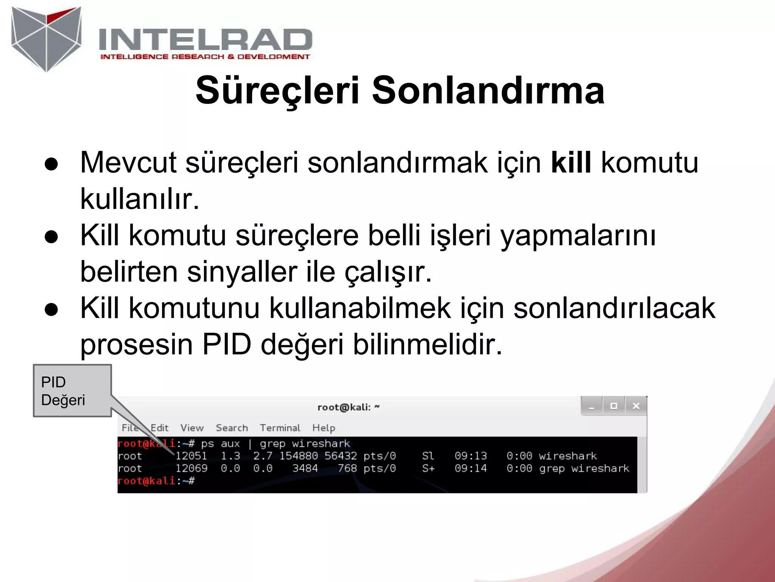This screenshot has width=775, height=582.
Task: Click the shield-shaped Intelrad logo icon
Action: pyautogui.click(x=46, y=38)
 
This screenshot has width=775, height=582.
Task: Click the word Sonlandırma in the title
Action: pyautogui.click(x=488, y=91)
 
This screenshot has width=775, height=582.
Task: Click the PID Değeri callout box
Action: pyautogui.click(x=72, y=391)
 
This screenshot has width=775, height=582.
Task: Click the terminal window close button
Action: pyautogui.click(x=636, y=406)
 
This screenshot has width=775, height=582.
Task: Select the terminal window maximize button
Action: pyautogui.click(x=614, y=406)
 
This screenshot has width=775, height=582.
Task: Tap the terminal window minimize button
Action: pyautogui.click(x=591, y=407)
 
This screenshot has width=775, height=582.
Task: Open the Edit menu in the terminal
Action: pyautogui.click(x=159, y=428)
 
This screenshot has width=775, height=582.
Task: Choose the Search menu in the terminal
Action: pyautogui.click(x=232, y=428)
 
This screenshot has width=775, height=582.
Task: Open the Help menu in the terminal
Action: pyautogui.click(x=324, y=428)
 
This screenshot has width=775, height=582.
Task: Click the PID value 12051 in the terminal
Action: pyautogui.click(x=191, y=456)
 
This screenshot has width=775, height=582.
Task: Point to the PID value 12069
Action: pyautogui.click(x=191, y=468)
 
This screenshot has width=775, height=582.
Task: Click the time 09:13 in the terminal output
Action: pyautogui.click(x=470, y=456)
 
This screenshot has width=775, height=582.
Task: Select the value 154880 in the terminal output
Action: pyautogui.click(x=298, y=456)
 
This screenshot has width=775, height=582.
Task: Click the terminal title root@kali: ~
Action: pyautogui.click(x=348, y=407)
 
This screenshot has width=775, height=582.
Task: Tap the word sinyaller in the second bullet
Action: pyautogui.click(x=242, y=272)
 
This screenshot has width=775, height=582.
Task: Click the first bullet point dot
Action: pyautogui.click(x=51, y=164)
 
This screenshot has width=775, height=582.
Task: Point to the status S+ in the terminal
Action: pyautogui.click(x=428, y=468)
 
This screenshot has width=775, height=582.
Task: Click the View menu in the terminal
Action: pyautogui.click(x=192, y=428)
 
